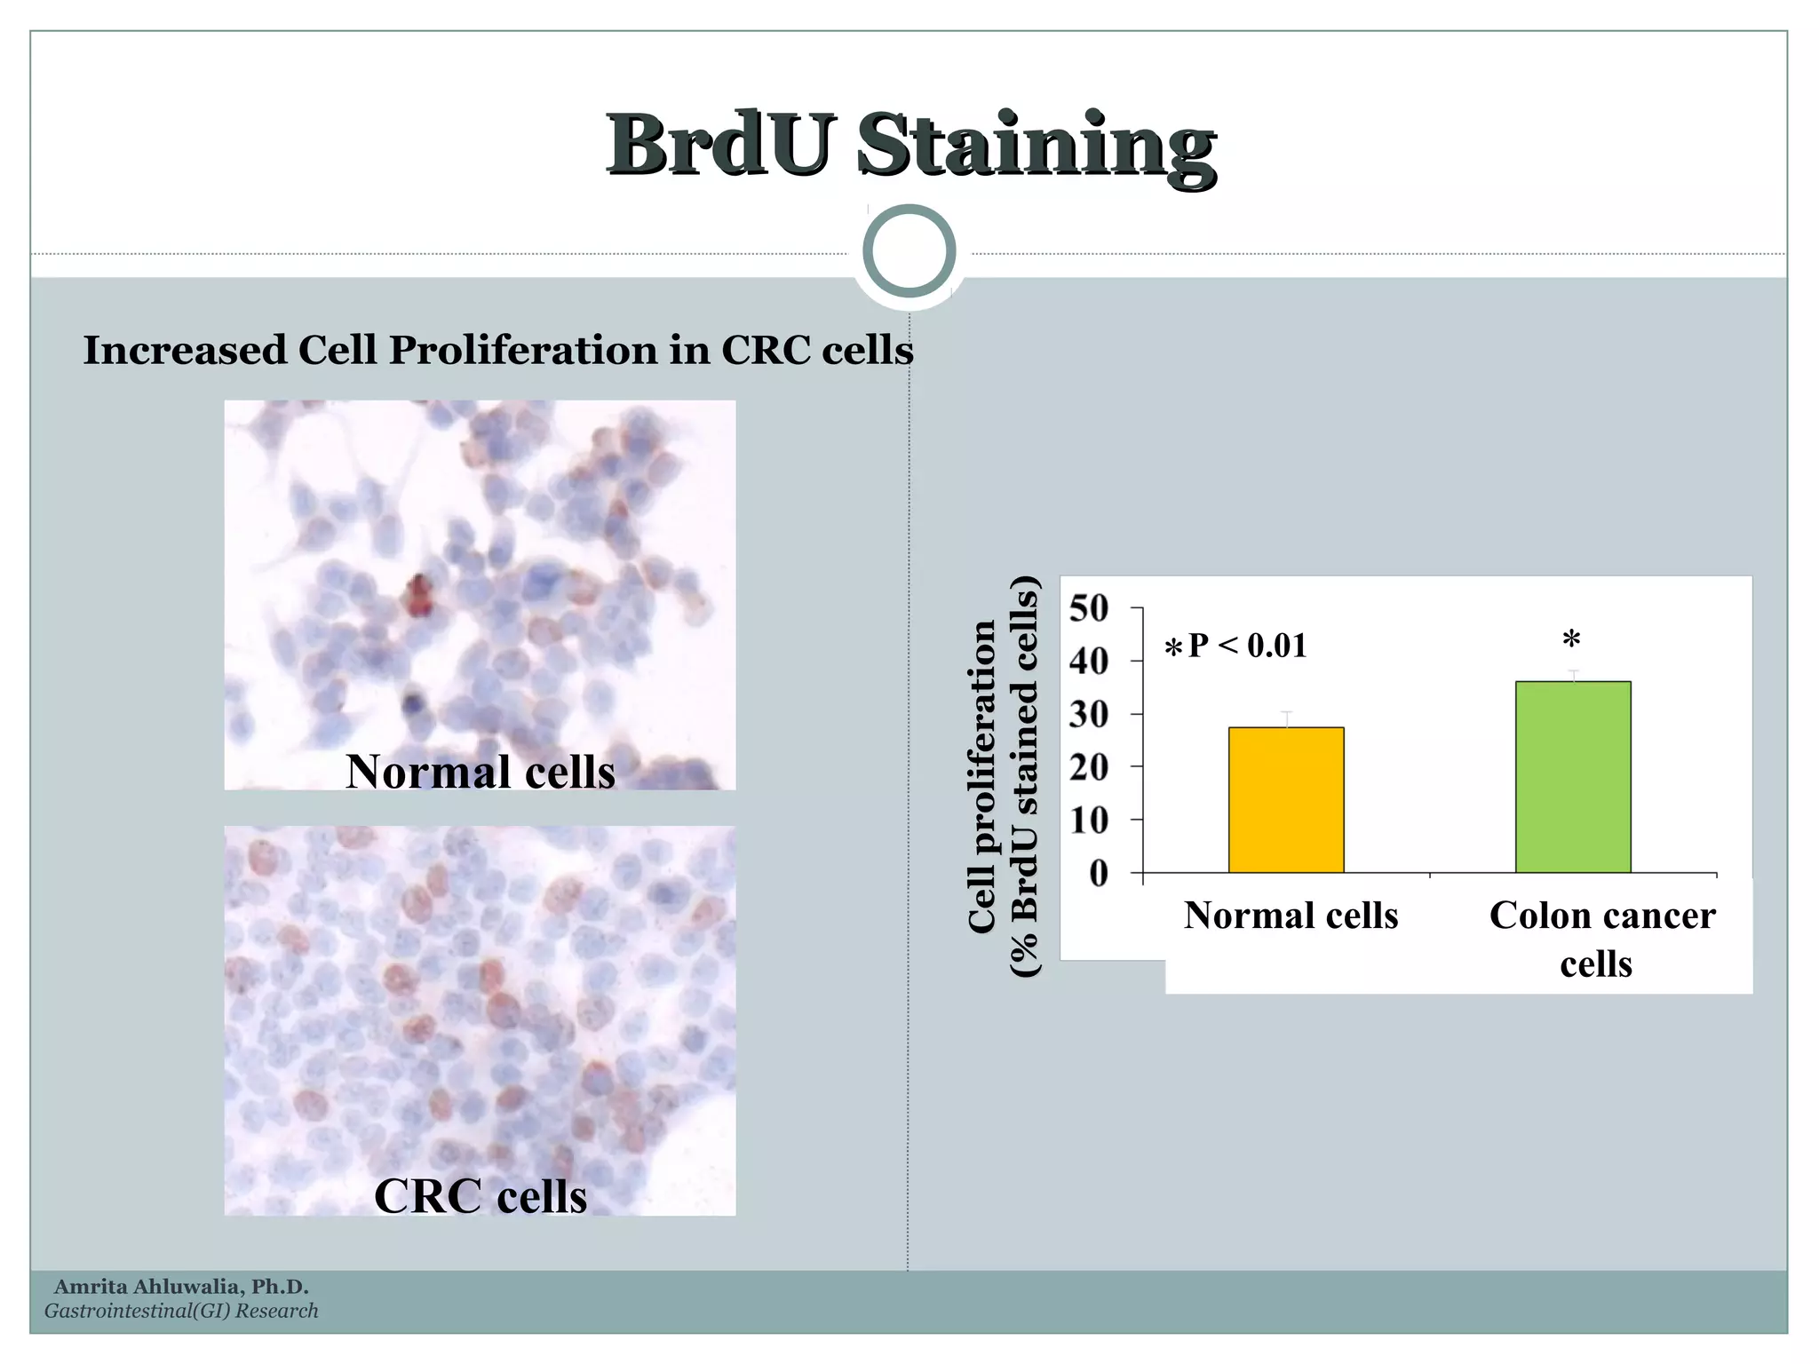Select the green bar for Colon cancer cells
[1573, 777]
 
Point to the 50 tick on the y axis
[1089, 609]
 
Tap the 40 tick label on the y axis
[1089, 662]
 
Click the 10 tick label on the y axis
[1089, 821]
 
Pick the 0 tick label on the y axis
[1099, 874]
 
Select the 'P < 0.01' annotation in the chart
[1247, 646]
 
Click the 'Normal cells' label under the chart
[1291, 916]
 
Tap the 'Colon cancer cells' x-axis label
[1601, 939]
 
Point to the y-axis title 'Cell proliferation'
[981, 777]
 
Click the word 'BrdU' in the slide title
[721, 144]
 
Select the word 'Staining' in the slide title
[1037, 146]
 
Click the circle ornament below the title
[909, 251]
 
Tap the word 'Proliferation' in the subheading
[523, 350]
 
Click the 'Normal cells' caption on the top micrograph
[481, 771]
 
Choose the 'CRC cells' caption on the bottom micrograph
[481, 1195]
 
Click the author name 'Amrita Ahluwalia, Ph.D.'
[181, 1287]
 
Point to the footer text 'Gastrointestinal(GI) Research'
[181, 1311]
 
